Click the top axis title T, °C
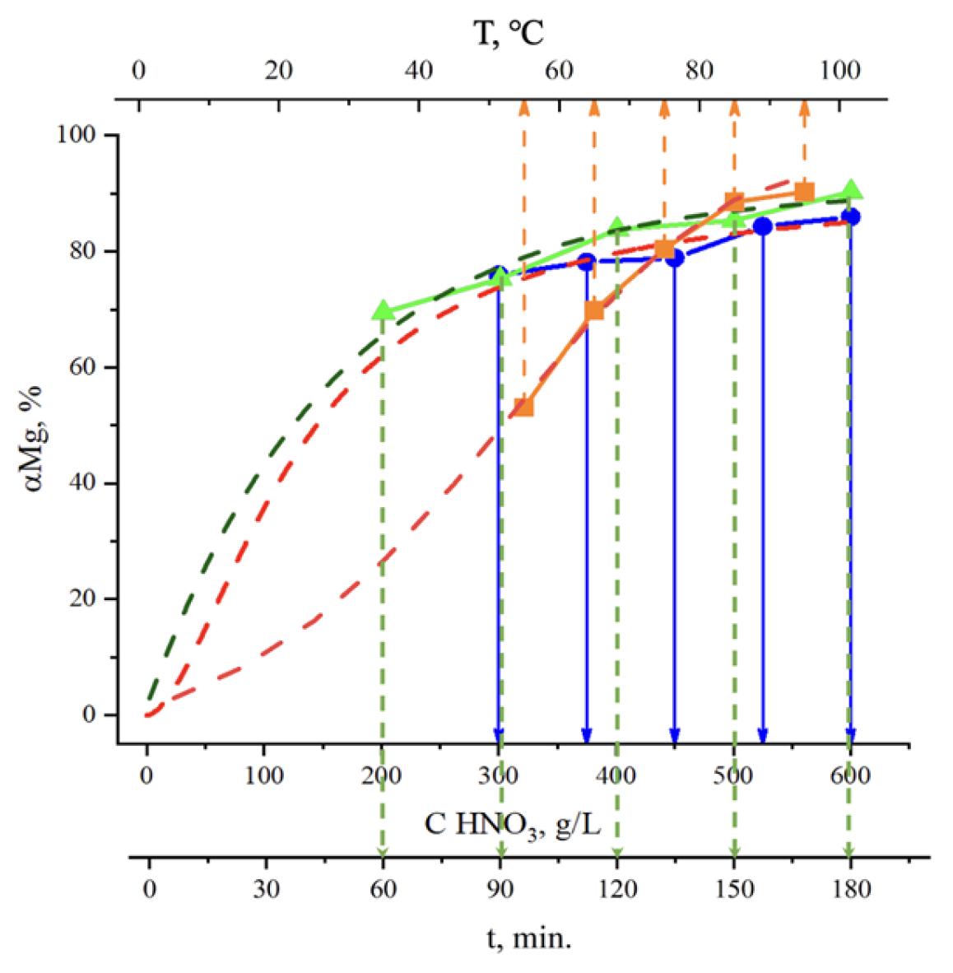coord(509,33)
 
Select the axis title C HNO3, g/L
coord(512,823)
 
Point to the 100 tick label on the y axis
coord(76,134)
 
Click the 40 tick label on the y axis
coord(81,482)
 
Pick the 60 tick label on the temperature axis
coord(559,71)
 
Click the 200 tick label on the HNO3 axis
coord(382,775)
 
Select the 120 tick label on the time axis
coord(617,890)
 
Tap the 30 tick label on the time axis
coord(266,890)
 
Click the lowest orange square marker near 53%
coord(523,406)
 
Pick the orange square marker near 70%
coord(594,310)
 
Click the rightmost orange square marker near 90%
coord(805,193)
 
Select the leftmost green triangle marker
coord(382,310)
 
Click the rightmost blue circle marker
coord(851,216)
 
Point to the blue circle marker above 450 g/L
coord(675,258)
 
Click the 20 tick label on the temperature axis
coord(278,71)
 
